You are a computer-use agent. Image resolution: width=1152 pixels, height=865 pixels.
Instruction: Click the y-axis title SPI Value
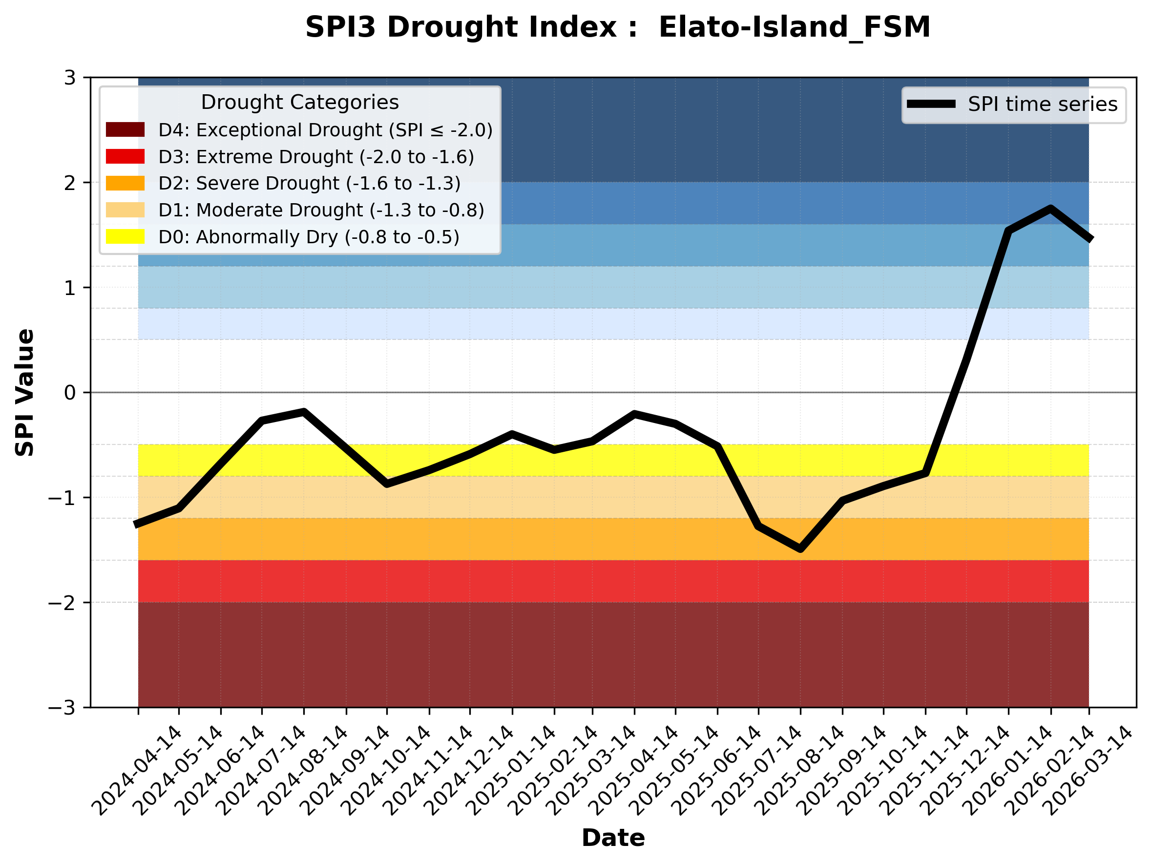[x=25, y=393]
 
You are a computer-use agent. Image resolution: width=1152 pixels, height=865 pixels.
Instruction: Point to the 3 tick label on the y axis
[x=70, y=78]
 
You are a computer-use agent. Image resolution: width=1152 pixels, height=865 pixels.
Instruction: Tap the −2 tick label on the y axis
[x=62, y=603]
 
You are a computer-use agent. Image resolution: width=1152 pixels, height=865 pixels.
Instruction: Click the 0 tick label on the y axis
[x=70, y=393]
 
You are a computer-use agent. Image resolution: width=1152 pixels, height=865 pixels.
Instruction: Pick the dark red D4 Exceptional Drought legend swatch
[x=125, y=129]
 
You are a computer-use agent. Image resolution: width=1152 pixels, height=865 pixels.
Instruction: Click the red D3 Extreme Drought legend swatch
[x=125, y=156]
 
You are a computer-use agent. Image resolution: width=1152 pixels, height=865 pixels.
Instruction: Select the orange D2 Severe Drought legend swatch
[x=125, y=183]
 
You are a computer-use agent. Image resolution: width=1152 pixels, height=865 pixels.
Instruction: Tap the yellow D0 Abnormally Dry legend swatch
[x=125, y=236]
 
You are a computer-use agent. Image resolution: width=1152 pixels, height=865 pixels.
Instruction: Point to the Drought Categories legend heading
[x=299, y=102]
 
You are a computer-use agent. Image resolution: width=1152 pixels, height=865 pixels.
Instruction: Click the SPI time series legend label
[x=1043, y=104]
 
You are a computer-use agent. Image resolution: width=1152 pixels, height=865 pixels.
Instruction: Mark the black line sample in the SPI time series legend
[x=931, y=104]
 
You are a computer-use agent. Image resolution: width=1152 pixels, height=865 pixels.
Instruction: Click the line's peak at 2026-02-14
[x=1050, y=210]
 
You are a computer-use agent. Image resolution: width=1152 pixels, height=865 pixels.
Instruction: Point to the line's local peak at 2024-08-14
[x=304, y=412]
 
